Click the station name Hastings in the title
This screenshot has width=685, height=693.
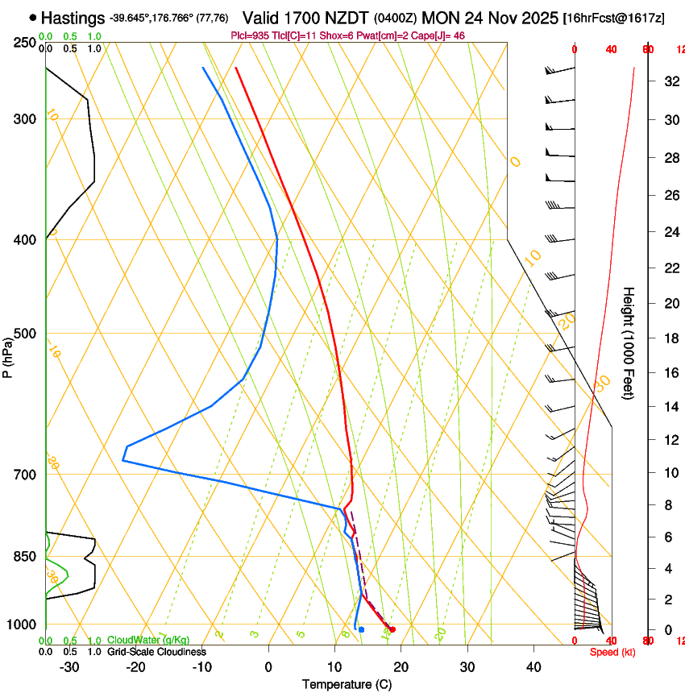73,18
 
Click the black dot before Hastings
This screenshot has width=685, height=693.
32,17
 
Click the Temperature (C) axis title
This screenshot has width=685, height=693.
347,684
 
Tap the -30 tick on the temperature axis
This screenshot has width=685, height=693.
69,667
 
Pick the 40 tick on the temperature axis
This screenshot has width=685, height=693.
533,667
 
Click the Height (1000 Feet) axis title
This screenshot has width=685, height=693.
629,342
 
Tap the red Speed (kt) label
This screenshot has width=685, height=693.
612,652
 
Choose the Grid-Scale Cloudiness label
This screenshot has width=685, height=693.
156,651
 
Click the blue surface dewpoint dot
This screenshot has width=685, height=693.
362,629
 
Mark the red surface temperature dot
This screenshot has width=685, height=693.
392,629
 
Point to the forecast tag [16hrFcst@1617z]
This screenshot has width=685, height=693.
614,18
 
